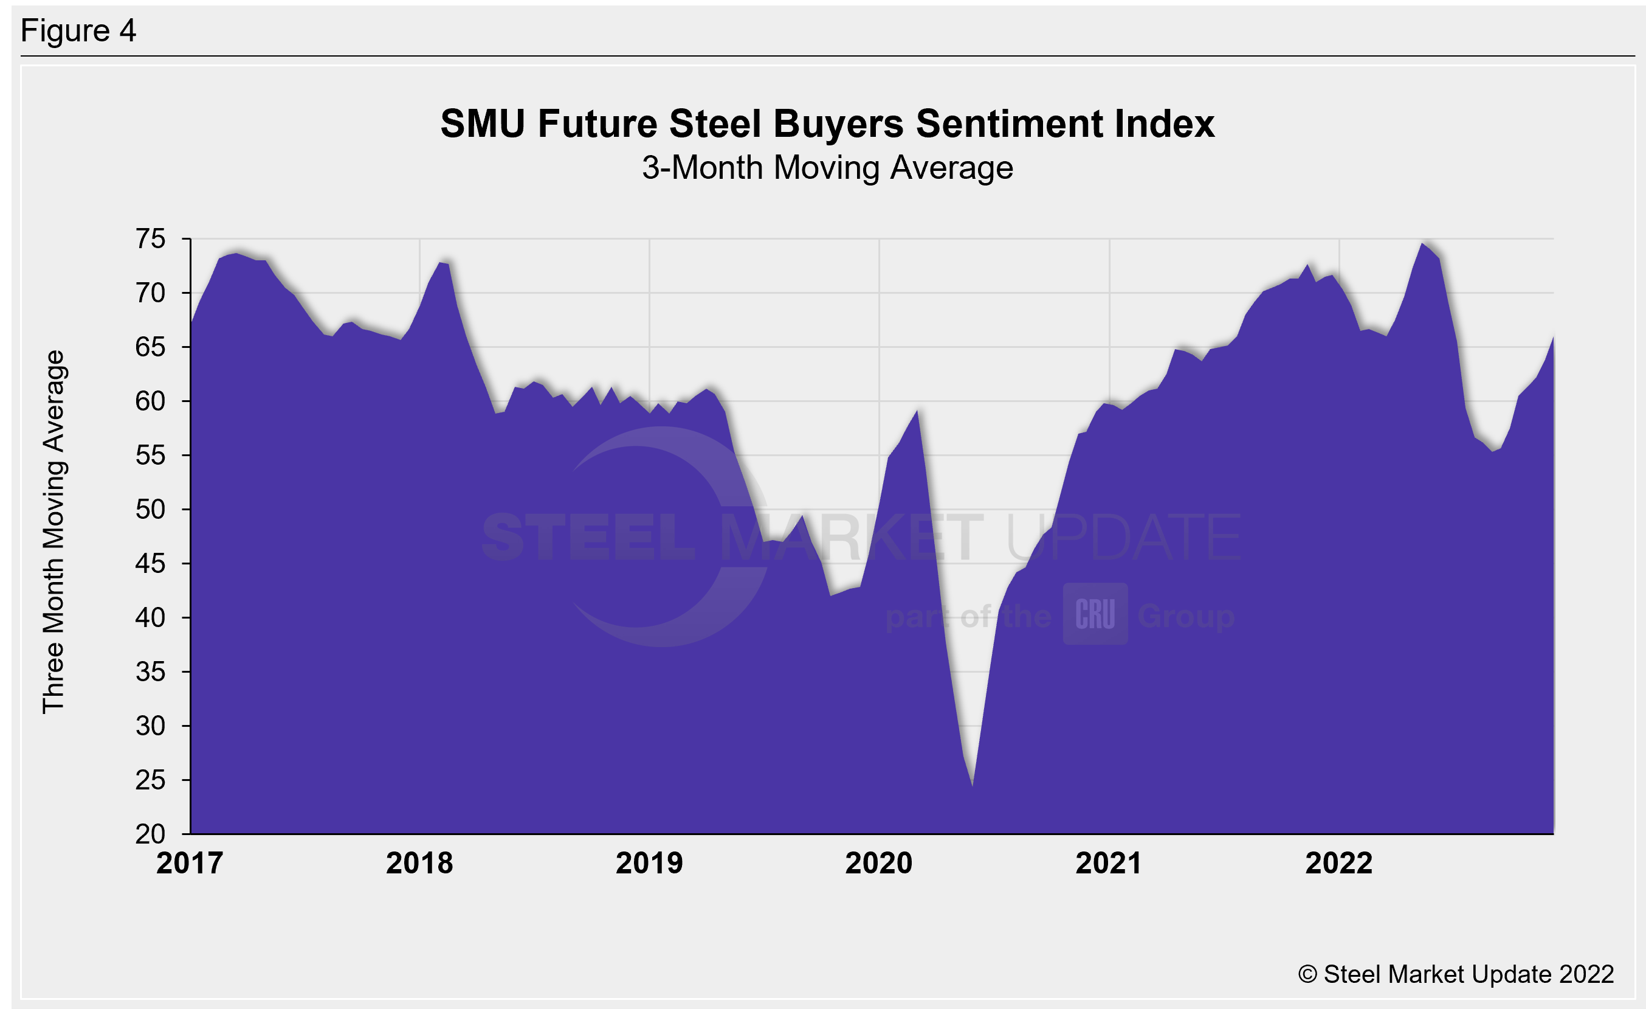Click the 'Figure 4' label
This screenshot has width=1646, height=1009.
[78, 31]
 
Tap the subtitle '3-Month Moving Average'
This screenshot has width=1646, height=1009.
[827, 168]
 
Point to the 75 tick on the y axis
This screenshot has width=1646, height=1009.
[150, 239]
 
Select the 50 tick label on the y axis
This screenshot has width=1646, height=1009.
[150, 510]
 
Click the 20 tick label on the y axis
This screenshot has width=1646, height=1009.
[150, 834]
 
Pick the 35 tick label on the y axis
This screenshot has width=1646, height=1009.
[150, 671]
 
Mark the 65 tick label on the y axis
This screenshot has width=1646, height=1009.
[150, 347]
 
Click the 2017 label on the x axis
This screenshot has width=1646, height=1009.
[190, 863]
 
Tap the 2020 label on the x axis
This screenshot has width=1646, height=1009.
[878, 863]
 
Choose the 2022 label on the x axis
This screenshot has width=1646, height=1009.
[1338, 863]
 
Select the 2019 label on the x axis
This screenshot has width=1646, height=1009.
[649, 863]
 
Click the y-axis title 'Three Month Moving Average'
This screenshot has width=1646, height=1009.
[53, 532]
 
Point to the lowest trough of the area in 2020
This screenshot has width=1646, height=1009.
[972, 785]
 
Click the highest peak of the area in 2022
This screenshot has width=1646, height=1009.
[1422, 244]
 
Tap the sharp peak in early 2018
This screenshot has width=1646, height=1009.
[440, 263]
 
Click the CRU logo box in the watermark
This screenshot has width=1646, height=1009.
[1095, 614]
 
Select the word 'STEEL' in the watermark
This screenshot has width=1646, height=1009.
[588, 537]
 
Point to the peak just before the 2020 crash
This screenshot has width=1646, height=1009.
[917, 411]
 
